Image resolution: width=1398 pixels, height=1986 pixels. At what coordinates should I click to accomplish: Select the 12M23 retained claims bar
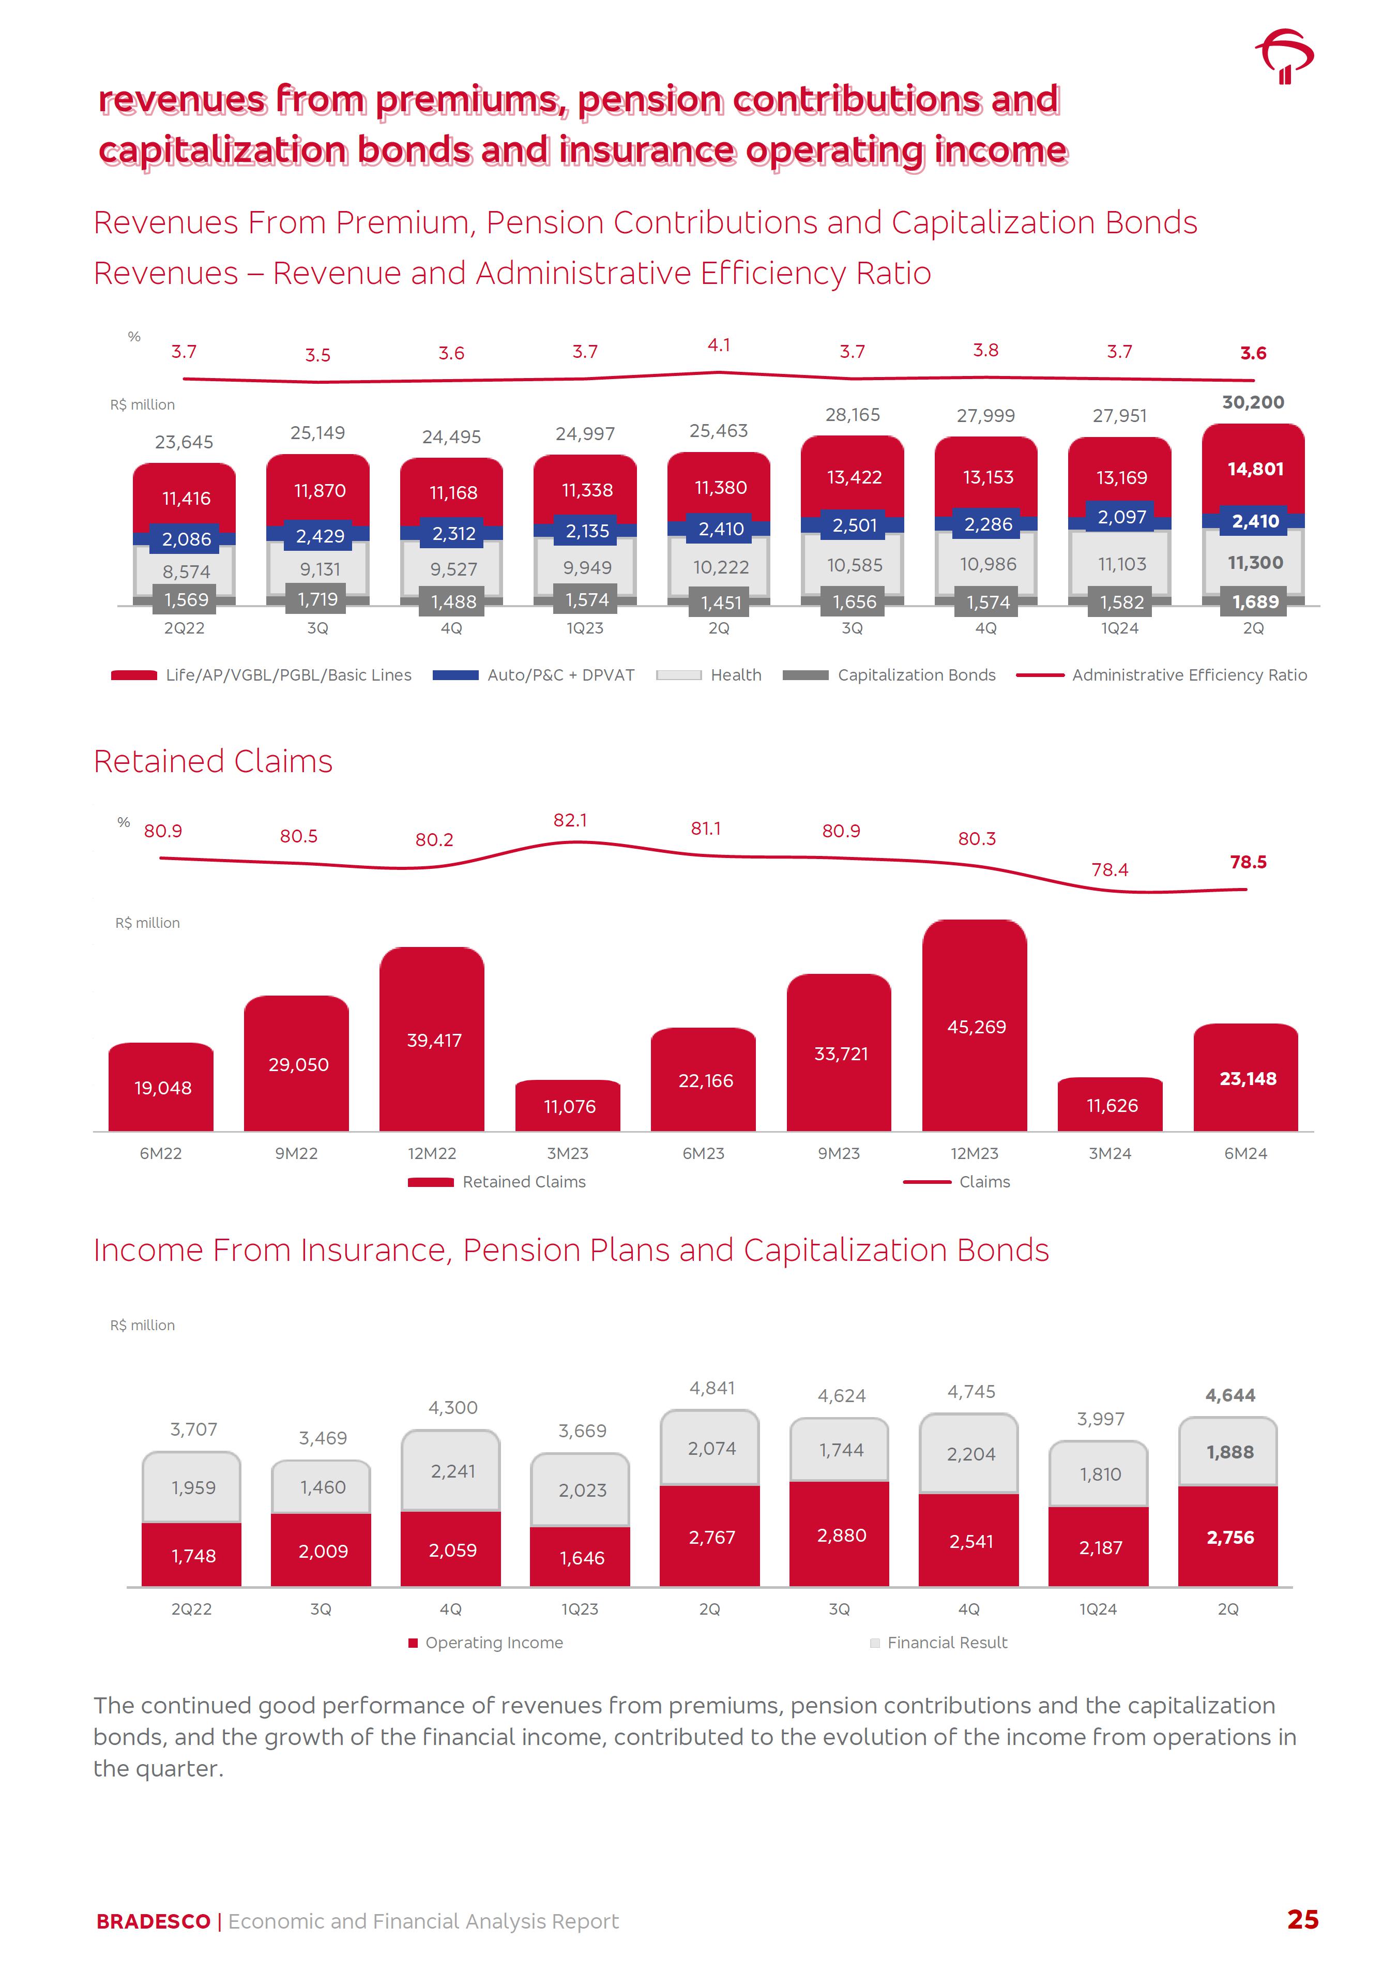(975, 1026)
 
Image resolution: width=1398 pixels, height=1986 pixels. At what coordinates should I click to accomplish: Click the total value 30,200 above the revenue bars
(1253, 402)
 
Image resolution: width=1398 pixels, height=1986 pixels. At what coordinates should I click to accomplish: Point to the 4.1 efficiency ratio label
(719, 345)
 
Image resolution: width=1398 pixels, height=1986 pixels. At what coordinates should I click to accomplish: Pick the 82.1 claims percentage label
(570, 820)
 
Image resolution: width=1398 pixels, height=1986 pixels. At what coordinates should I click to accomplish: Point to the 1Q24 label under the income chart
(1098, 1609)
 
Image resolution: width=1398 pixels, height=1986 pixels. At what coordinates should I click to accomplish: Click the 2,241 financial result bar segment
(452, 1471)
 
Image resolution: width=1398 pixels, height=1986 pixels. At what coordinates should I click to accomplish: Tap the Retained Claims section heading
(212, 761)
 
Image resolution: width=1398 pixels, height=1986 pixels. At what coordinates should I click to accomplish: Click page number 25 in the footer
(1302, 1919)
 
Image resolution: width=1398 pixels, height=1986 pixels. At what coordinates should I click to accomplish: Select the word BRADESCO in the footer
(153, 1921)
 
